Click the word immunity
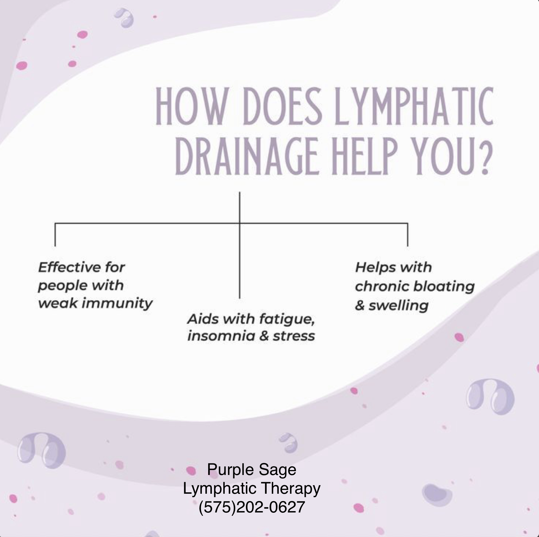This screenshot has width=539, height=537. (117, 303)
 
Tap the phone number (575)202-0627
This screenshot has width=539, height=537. (251, 507)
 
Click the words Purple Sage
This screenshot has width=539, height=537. (251, 469)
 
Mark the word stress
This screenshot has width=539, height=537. (294, 336)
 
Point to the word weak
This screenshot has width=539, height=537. (57, 303)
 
